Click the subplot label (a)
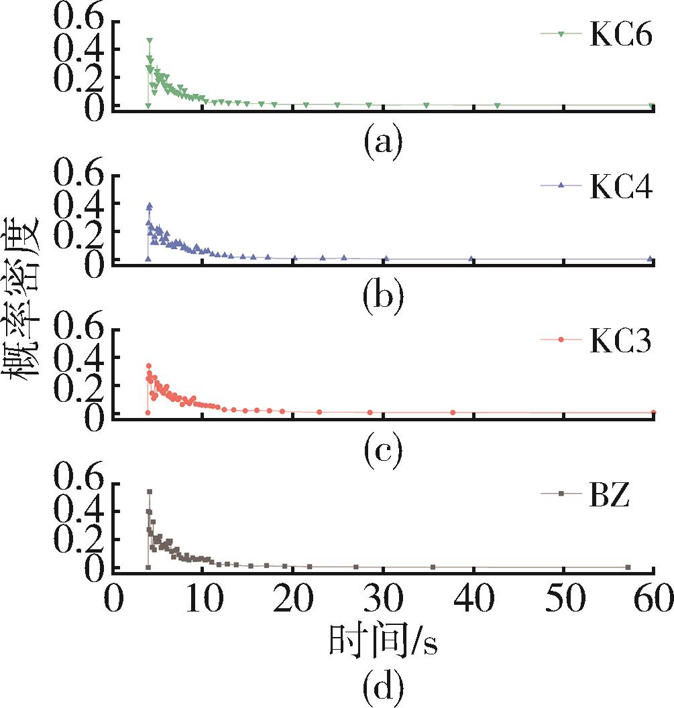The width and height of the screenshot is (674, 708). (383, 141)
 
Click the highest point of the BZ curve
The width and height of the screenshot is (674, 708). (150, 492)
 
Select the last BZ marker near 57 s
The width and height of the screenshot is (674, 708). (628, 567)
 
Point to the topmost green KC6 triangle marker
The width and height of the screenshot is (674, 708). (150, 41)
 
